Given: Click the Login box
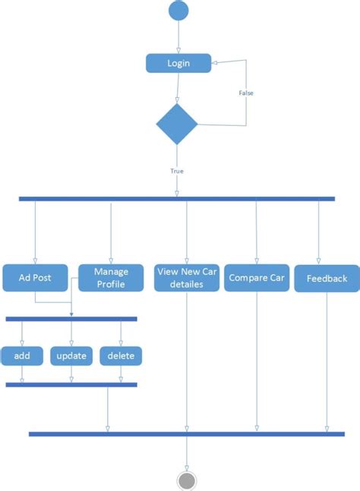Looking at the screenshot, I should tap(178, 63).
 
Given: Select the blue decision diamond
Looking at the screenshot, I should tap(176, 124).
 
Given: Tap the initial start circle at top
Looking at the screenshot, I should tap(178, 11).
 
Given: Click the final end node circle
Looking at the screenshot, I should tap(186, 480).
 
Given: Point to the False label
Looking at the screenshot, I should tap(246, 93).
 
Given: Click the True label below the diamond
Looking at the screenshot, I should tap(176, 171).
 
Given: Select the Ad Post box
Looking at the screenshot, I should tap(35, 278).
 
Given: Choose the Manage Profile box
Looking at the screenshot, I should tap(111, 278).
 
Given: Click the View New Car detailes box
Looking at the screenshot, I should tap(186, 278).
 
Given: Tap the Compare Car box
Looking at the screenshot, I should tap(256, 278).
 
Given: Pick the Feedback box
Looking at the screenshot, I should tap(327, 279).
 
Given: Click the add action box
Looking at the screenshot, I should tap(21, 355).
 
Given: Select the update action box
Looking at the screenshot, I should tap(71, 355).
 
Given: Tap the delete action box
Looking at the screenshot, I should tap(121, 355).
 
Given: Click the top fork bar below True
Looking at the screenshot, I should tap(176, 199).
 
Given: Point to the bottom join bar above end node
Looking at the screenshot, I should tap(186, 434).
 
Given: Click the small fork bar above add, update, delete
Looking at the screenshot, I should tap(71, 319).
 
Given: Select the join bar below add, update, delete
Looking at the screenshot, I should tap(71, 385).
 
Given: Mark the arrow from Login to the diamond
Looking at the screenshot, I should tap(177, 88).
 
